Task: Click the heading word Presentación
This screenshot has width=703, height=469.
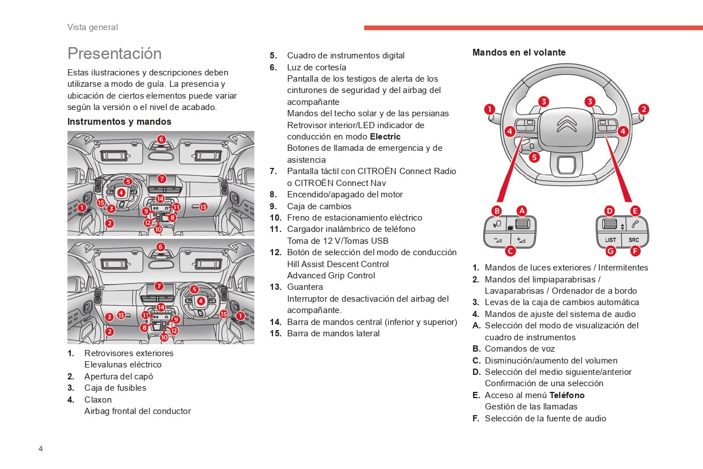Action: pos(114,53)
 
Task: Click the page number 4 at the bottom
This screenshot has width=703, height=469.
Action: pos(41,449)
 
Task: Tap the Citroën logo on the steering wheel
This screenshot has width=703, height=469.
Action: pos(566,124)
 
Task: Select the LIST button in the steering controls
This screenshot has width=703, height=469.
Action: pos(611,240)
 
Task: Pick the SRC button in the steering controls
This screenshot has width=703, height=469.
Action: pos(633,240)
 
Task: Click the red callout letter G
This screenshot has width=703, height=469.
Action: pos(610,251)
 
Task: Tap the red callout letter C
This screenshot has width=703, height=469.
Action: pos(510,251)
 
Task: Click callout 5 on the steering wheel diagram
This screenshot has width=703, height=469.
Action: pos(534,158)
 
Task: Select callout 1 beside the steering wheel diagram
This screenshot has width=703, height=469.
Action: pos(490,109)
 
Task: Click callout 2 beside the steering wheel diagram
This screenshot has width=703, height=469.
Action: pos(644,109)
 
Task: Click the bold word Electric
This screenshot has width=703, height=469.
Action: pos(385,137)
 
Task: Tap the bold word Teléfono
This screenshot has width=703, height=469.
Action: pos(566,395)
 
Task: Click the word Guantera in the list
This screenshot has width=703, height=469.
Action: pos(305,287)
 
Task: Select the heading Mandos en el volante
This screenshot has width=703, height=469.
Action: pos(519,52)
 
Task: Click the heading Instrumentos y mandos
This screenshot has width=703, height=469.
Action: pos(119,121)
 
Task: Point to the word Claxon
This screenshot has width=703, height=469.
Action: pos(98,399)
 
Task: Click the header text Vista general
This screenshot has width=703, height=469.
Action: pos(92,27)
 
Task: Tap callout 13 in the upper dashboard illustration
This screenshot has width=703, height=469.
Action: pos(203,207)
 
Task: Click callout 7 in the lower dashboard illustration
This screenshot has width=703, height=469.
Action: pos(159,286)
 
